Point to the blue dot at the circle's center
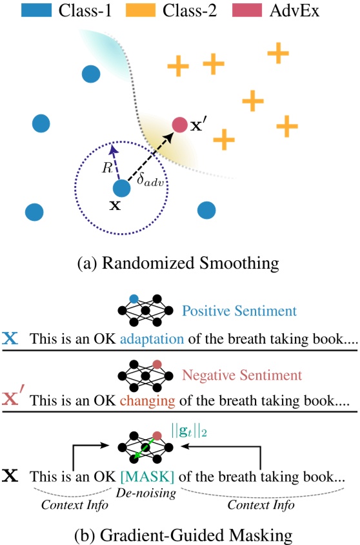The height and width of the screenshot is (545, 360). pyautogui.click(x=121, y=189)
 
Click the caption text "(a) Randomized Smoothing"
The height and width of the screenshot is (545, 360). pyautogui.click(x=179, y=262)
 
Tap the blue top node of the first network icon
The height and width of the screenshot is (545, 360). pyautogui.click(x=134, y=298)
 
